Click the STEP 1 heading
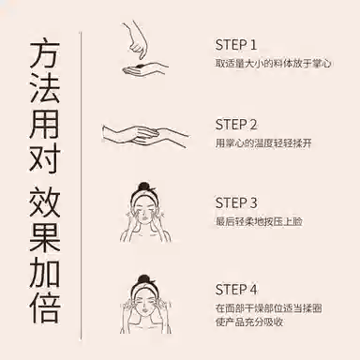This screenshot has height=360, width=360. (x=236, y=45)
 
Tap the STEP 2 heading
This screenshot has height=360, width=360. (x=236, y=125)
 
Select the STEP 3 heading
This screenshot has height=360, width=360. (x=236, y=202)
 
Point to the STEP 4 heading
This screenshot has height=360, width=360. (x=236, y=290)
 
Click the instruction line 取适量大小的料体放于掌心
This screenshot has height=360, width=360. (x=273, y=63)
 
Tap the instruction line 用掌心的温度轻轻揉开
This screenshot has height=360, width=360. (x=263, y=143)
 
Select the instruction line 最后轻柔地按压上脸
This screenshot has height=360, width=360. (x=259, y=221)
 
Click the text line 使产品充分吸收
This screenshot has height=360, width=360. (x=249, y=322)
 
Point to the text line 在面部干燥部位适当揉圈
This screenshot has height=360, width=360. (x=268, y=308)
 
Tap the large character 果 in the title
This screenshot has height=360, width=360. (x=44, y=237)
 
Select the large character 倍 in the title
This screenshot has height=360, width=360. (x=44, y=308)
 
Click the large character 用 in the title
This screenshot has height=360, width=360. (x=44, y=125)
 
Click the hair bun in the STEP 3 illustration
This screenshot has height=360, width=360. (x=143, y=187)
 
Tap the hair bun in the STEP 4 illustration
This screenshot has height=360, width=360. (x=143, y=280)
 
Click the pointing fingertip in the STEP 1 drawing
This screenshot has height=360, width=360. (x=142, y=56)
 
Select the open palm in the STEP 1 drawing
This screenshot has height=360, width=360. (x=142, y=69)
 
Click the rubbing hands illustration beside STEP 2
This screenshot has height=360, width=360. (x=145, y=135)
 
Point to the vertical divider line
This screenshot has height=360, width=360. (x=82, y=186)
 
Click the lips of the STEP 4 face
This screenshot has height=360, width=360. (x=144, y=312)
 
